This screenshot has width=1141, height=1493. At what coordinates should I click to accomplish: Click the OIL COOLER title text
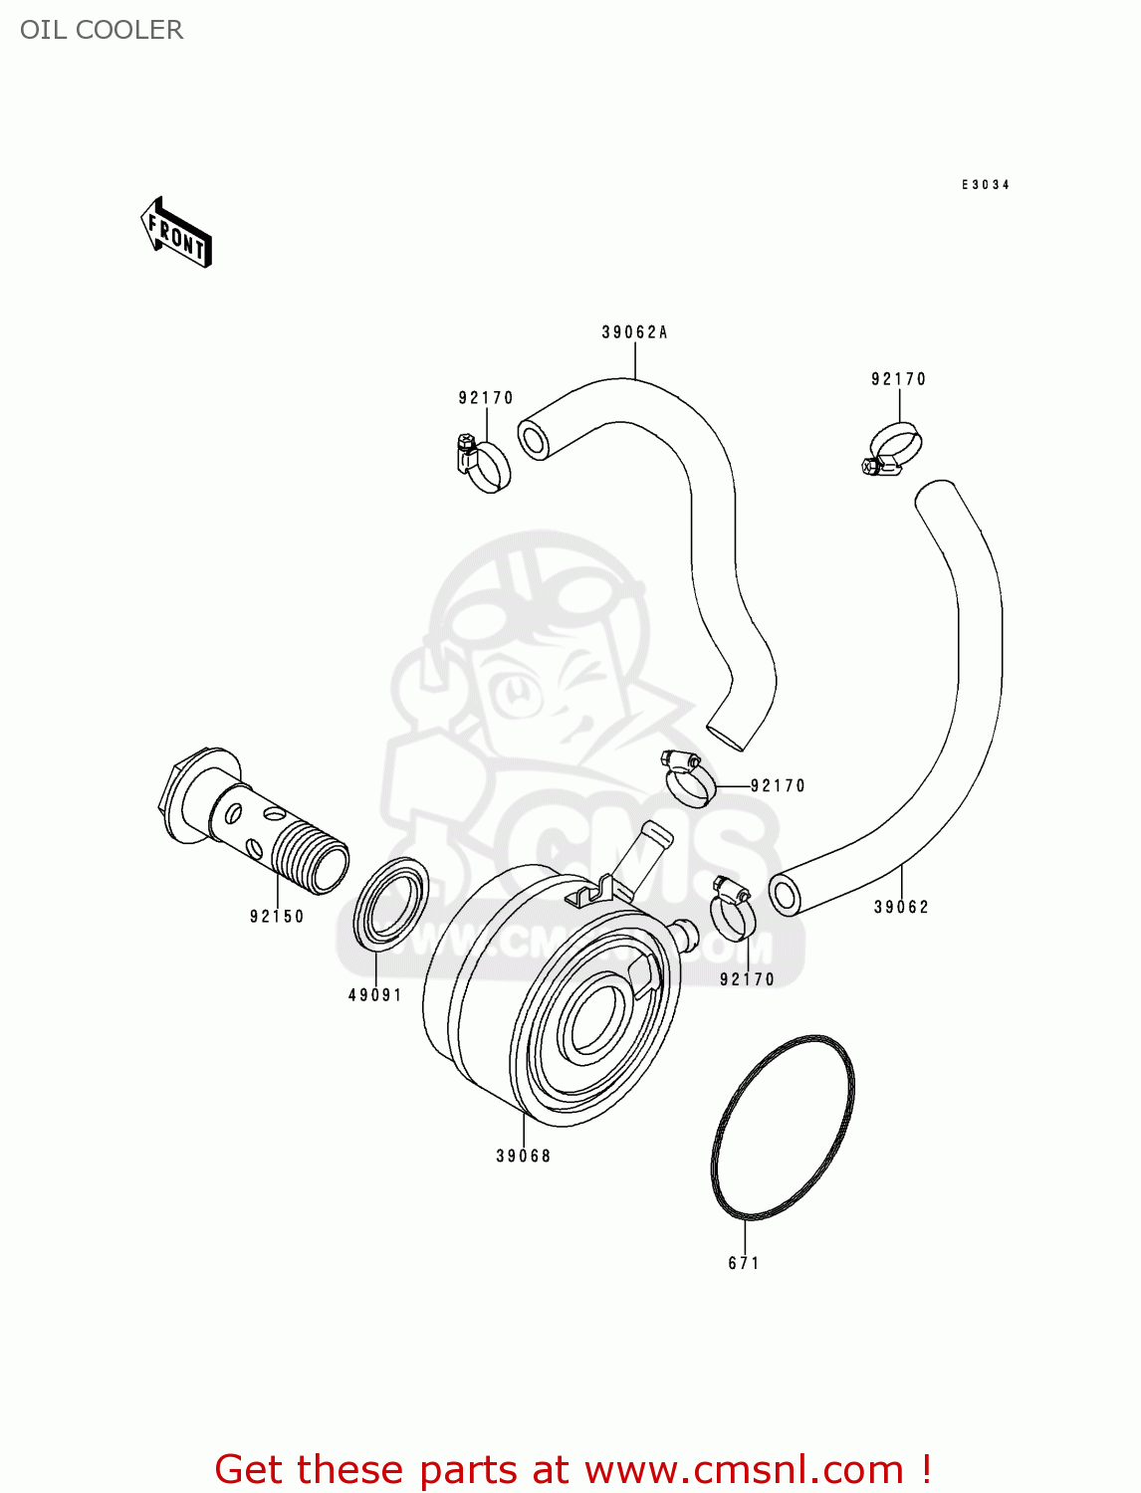[102, 30]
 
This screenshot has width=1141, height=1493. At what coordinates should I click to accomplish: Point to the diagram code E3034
[985, 185]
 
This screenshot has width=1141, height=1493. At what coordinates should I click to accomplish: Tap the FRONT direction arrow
[176, 234]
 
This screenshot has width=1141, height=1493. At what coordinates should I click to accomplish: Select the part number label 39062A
[634, 332]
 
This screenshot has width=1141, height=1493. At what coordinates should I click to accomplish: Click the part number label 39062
[901, 907]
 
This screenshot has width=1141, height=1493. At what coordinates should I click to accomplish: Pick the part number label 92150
[277, 916]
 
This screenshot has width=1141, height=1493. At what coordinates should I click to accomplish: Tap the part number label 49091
[374, 994]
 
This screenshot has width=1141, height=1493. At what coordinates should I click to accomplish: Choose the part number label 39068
[523, 1156]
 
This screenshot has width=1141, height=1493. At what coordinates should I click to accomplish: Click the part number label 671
[744, 1263]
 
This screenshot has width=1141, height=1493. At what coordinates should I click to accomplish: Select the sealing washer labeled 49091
[391, 904]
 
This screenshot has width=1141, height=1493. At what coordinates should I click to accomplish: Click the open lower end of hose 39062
[786, 895]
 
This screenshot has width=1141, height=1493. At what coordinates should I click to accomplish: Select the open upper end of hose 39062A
[535, 439]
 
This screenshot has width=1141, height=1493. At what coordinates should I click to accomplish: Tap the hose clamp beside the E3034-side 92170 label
[893, 450]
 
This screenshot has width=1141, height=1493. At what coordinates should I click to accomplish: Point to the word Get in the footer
[252, 1469]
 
